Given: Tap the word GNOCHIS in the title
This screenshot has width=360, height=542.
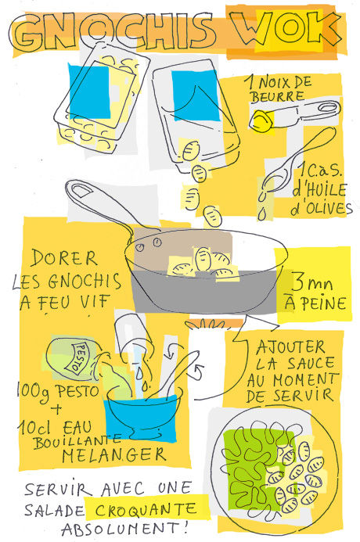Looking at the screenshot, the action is coord(114,32).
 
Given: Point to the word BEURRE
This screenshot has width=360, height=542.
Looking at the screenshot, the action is coord(278,96).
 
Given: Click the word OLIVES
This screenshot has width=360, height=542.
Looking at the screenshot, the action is coord(322,209).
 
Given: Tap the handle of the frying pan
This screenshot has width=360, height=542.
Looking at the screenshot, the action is coord(100,204).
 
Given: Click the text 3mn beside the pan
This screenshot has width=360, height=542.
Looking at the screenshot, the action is coord(312,283).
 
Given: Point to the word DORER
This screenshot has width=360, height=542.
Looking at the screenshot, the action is coord(63,258).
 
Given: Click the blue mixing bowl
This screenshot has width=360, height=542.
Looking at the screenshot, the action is coord(142,415).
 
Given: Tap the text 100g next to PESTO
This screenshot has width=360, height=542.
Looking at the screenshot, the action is coord(34,393).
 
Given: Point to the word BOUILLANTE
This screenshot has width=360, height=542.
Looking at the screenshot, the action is coord(77,441).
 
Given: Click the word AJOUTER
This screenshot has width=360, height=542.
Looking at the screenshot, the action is coord(290,348).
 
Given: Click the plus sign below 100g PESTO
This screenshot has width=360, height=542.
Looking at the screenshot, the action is coord(56,410).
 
